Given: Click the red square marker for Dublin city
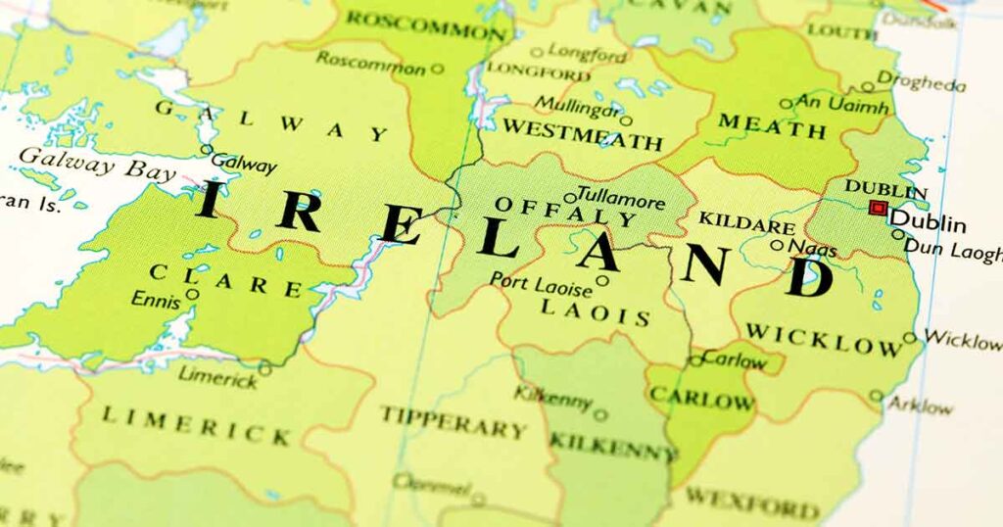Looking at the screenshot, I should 878,208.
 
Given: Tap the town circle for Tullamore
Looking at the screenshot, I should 569,198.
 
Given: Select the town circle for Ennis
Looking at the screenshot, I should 193,293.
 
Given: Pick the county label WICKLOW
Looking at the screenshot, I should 823,338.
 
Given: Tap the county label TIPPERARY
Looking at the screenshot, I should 454,421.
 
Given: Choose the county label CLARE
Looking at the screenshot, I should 226,279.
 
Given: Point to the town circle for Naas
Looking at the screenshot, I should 777,246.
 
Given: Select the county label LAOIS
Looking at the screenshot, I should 595,312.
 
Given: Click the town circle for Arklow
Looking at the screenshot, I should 877,397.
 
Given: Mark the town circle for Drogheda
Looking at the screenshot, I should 868,86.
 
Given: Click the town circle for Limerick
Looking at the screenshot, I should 264,369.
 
